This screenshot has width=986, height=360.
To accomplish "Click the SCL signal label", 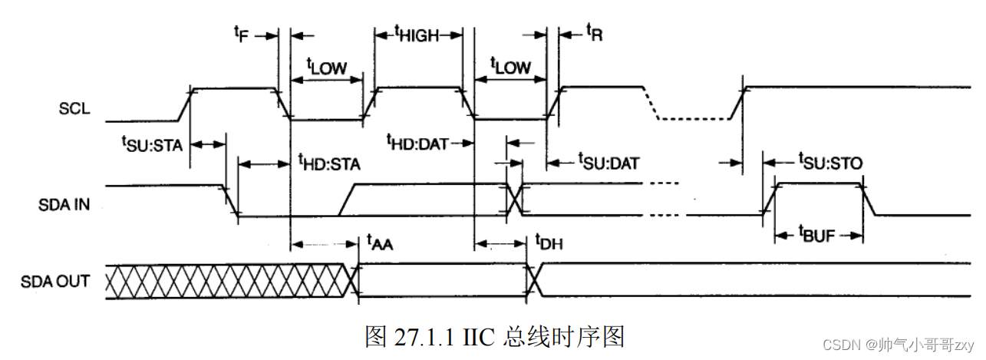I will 74,108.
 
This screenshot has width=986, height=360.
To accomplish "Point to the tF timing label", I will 242,34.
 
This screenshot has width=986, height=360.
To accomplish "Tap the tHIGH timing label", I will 418,34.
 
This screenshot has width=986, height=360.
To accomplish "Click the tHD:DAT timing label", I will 417,142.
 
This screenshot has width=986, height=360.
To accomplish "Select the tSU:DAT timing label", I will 608,163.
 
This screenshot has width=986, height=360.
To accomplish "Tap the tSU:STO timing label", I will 830,162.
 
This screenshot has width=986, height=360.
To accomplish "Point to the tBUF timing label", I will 818,234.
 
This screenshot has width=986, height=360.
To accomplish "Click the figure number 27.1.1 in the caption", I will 425,336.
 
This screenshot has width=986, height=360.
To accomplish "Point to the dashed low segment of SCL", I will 694,119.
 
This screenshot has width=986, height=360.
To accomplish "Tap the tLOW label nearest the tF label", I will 326,67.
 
